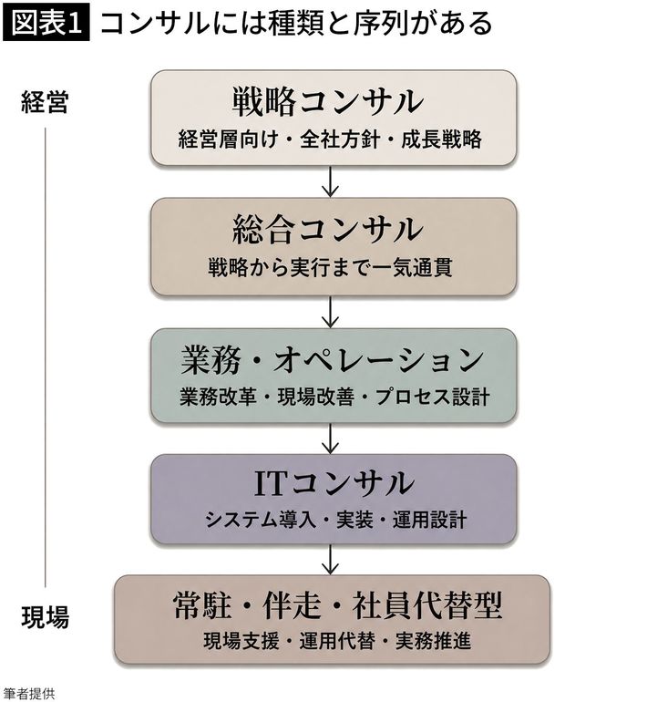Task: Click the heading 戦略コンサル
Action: click(x=327, y=102)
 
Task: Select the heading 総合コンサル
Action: click(x=327, y=231)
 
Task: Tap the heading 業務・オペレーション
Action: click(x=332, y=360)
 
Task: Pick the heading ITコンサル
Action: click(x=334, y=484)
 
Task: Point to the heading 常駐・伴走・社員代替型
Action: click(x=338, y=604)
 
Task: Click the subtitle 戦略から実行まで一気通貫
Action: click(x=330, y=268)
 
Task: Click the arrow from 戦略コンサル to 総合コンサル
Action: click(x=330, y=181)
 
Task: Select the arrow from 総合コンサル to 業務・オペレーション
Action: click(x=330, y=312)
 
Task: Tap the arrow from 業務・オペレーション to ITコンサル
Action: click(x=330, y=439)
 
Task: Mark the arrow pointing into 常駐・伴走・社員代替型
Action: click(x=330, y=559)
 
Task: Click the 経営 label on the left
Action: click(x=45, y=102)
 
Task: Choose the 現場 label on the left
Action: click(x=46, y=617)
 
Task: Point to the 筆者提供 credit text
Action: click(x=27, y=694)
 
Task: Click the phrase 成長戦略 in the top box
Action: click(x=441, y=139)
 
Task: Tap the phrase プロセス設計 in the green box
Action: click(x=433, y=397)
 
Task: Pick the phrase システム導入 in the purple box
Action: click(x=261, y=520)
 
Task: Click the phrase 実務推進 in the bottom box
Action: click(x=433, y=641)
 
